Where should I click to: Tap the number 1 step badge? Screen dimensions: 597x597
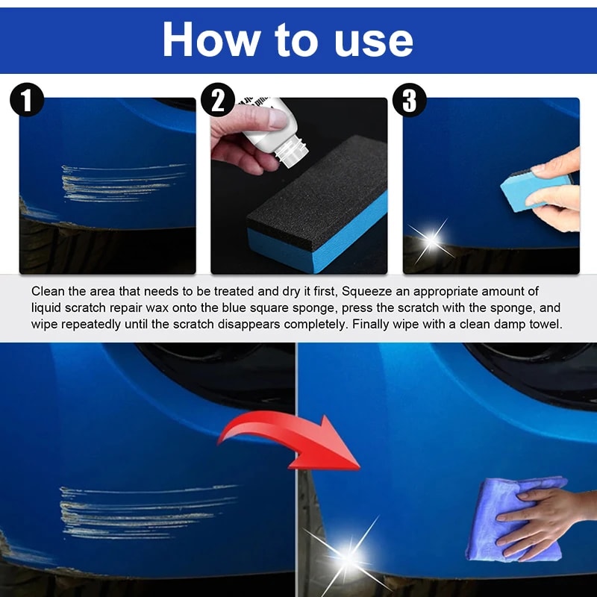click(x=27, y=101)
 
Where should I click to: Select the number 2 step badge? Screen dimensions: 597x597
click(x=218, y=101)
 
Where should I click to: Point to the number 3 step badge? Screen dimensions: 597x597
click(x=409, y=101)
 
